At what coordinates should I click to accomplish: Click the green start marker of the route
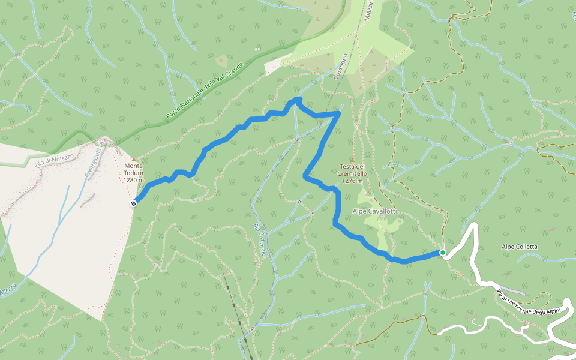(443, 253)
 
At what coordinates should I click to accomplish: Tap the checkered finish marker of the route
(133, 203)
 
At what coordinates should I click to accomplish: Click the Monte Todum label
(134, 166)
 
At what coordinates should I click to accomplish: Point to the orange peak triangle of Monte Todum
(133, 159)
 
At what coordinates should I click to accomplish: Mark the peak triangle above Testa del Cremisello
(352, 159)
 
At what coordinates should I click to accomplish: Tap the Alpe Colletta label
(519, 247)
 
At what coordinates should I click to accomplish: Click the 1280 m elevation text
(134, 180)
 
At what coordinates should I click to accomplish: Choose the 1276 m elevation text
(352, 181)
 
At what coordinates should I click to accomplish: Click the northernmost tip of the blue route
(297, 98)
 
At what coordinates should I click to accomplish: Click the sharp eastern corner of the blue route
(339, 113)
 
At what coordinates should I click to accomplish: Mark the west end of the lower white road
(440, 331)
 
